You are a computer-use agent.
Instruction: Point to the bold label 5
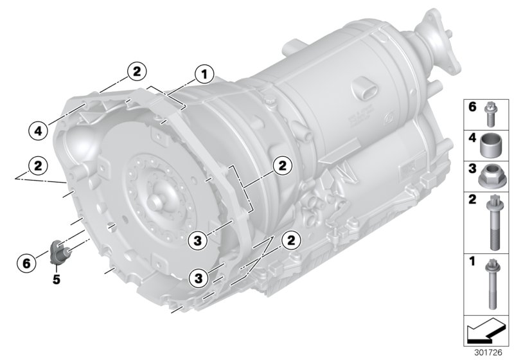[57, 280]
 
